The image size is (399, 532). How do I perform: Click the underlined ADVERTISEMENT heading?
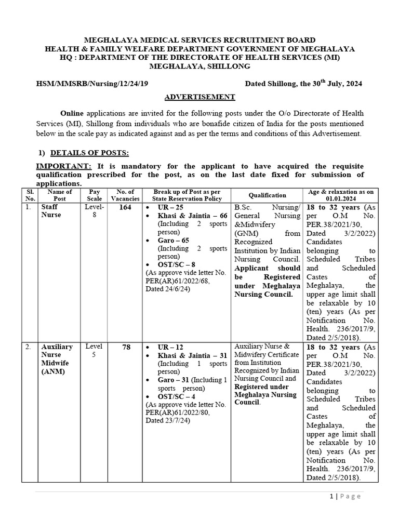point(199,97)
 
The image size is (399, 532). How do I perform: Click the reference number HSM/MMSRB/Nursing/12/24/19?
point(91,84)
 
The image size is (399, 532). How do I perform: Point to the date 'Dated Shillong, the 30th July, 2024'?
point(303,83)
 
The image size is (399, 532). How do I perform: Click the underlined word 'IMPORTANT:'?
point(63,166)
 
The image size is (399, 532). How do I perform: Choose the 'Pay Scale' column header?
point(94,195)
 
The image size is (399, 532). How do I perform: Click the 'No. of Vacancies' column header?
point(125,195)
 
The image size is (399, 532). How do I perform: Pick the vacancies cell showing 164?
point(125,207)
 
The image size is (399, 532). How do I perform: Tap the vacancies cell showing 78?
point(126,347)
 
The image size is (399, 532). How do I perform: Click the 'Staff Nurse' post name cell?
point(51,211)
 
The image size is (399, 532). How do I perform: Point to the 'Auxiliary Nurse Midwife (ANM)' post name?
point(57,358)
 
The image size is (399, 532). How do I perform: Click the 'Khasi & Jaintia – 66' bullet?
point(185,216)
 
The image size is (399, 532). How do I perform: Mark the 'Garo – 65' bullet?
point(172,241)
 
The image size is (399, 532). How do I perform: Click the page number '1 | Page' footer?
point(344,496)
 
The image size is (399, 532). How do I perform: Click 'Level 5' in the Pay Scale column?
point(94,351)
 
